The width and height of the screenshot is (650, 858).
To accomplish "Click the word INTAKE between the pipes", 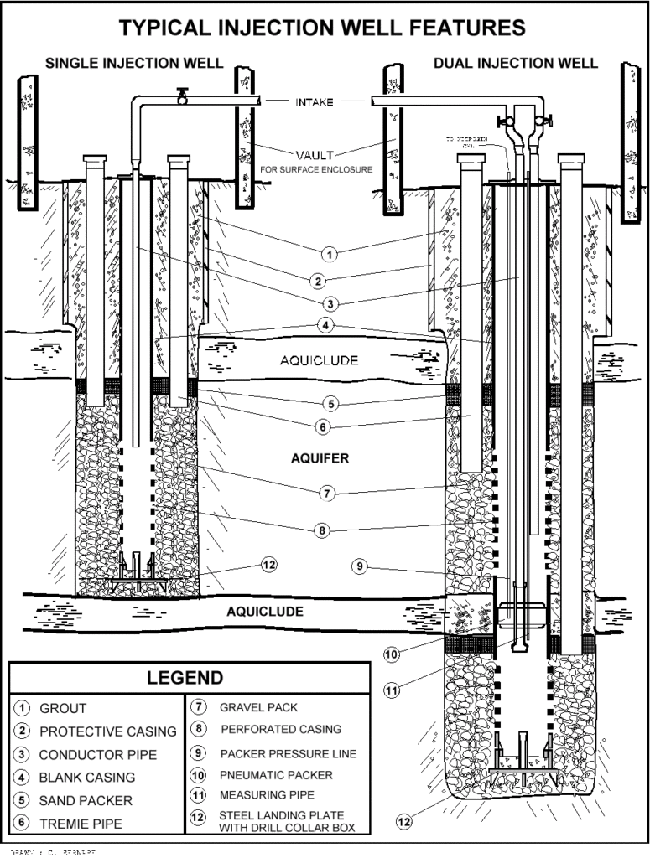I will pos(315,102).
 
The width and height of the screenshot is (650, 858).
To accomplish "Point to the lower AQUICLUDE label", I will pos(265,611).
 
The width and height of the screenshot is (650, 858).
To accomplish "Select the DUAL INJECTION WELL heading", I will pos(516,64).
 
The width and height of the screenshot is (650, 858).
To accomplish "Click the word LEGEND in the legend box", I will pos(185,678).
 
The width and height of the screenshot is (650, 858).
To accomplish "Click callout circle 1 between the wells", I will pos(330,252).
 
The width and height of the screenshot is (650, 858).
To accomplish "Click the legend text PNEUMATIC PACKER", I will pos(264,775).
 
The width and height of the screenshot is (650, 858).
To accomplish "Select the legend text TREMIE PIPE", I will pos(81,824).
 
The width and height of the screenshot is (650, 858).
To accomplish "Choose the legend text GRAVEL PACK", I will pos(258,707).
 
